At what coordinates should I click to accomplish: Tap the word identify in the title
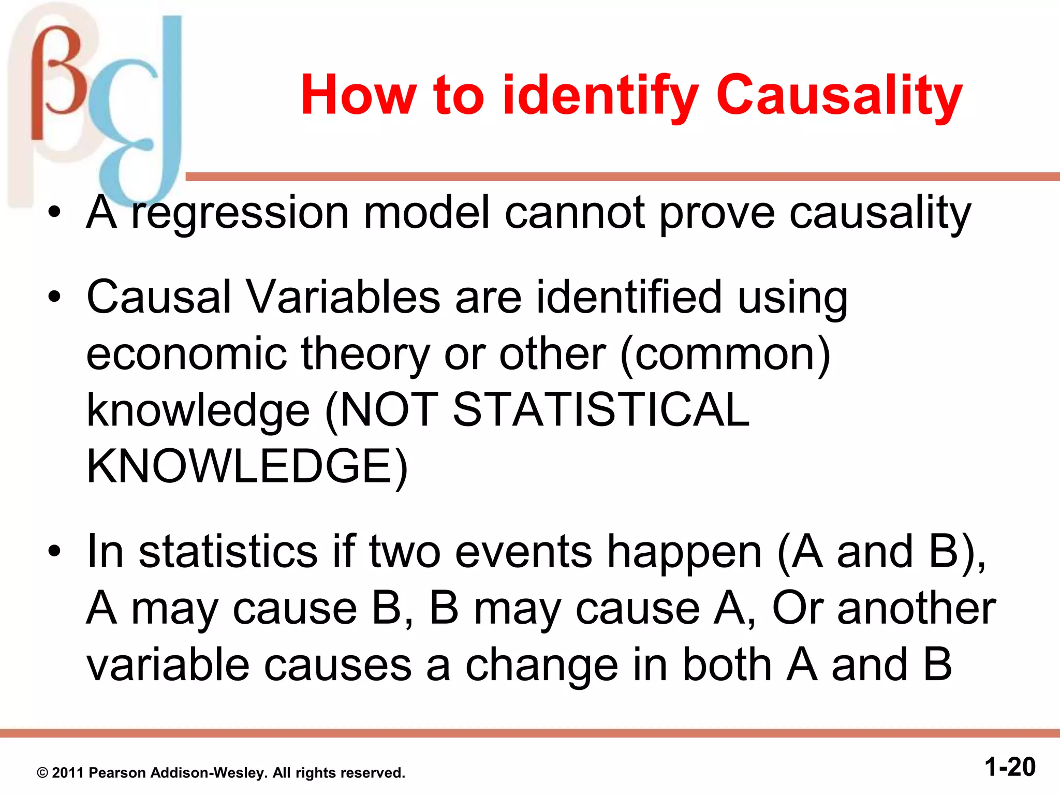[600, 96]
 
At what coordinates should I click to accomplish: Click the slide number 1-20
[1010, 767]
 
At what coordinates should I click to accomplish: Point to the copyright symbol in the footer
[42, 773]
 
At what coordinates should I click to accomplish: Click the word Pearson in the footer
[117, 773]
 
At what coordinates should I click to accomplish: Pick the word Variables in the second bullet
[343, 298]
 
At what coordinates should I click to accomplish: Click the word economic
[186, 355]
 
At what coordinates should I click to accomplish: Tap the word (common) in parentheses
[725, 355]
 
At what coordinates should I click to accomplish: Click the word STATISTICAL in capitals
[600, 410]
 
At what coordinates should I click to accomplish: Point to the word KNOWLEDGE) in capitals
[247, 467]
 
